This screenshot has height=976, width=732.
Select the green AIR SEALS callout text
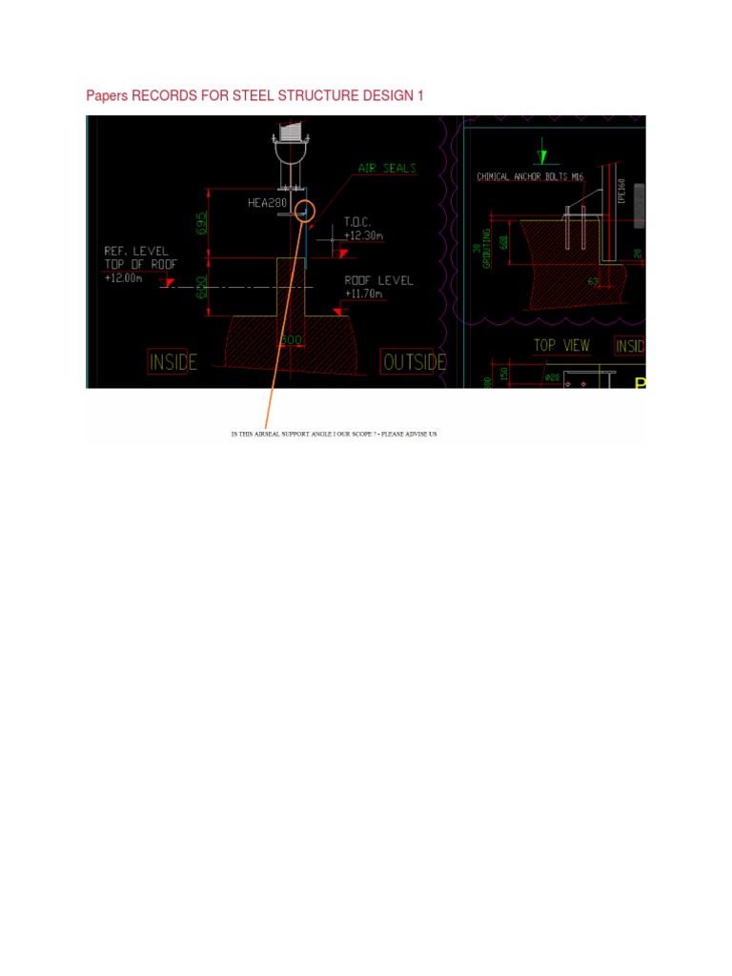coord(387,168)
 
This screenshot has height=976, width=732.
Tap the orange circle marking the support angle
coord(305,212)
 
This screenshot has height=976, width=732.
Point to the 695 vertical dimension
coord(201,223)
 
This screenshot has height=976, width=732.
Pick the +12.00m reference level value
coord(123,278)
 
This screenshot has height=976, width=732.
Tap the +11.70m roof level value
coord(363,295)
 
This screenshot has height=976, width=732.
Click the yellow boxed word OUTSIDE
coord(414,362)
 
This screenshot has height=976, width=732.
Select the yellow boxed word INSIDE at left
coord(173,362)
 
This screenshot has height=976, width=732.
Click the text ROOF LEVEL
coord(379,280)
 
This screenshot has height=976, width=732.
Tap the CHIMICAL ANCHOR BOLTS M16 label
coord(530,177)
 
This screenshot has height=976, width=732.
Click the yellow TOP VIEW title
coord(561,345)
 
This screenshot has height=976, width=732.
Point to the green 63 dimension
coord(592,281)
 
